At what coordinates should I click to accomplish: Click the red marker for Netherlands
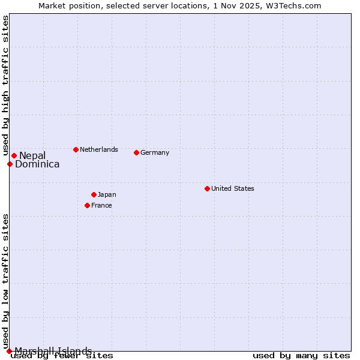pos(76,149)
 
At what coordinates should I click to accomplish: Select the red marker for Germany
pos(136,152)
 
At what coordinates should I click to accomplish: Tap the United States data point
pos(207,188)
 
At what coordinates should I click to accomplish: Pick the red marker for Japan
pos(94,194)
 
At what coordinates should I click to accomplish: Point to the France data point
pos(87,205)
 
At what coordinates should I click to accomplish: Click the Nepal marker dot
pos(14,156)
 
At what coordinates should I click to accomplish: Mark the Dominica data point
pos(10,164)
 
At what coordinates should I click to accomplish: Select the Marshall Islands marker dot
pos(9,351)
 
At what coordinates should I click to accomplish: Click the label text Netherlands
pos(98,149)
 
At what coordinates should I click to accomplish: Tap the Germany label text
pos(155,152)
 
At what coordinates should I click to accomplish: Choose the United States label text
pos(232,188)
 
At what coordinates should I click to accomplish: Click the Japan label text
pos(107,194)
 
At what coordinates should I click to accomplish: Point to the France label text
pos(101,205)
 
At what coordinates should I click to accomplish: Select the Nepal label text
pos(32,156)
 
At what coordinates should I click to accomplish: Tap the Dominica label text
pos(37,164)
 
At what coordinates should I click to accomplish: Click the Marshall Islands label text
pos(53,351)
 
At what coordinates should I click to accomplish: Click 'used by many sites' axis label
pos(301,356)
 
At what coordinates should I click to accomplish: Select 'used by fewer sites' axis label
pos(62,356)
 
